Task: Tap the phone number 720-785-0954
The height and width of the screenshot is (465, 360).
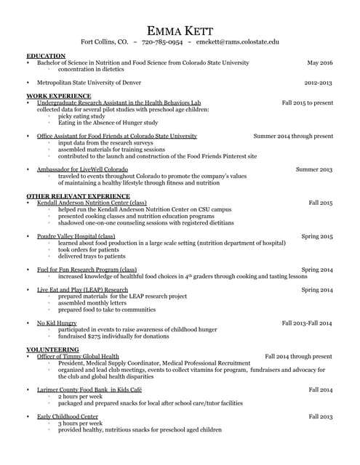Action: pos(161,43)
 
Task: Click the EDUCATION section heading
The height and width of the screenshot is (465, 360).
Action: pos(46,56)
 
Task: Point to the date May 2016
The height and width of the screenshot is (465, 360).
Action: pos(320,63)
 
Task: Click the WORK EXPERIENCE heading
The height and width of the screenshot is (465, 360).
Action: pos(59,96)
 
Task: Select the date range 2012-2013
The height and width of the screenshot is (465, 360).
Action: pos(319,83)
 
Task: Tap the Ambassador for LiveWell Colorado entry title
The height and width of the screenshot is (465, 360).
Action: pos(83,169)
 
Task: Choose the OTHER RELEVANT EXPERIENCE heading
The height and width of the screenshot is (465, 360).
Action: pos(78,196)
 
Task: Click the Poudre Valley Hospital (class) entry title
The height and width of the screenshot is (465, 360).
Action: pos(76,236)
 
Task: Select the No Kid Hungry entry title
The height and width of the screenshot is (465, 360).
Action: pos(57,323)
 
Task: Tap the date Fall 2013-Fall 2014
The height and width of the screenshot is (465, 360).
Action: pos(307,323)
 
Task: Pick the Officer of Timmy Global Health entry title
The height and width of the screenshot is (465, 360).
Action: pos(78,357)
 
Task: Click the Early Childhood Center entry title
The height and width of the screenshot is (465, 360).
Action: pos(68,416)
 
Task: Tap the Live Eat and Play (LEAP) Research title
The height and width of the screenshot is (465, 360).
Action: pos(82,290)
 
